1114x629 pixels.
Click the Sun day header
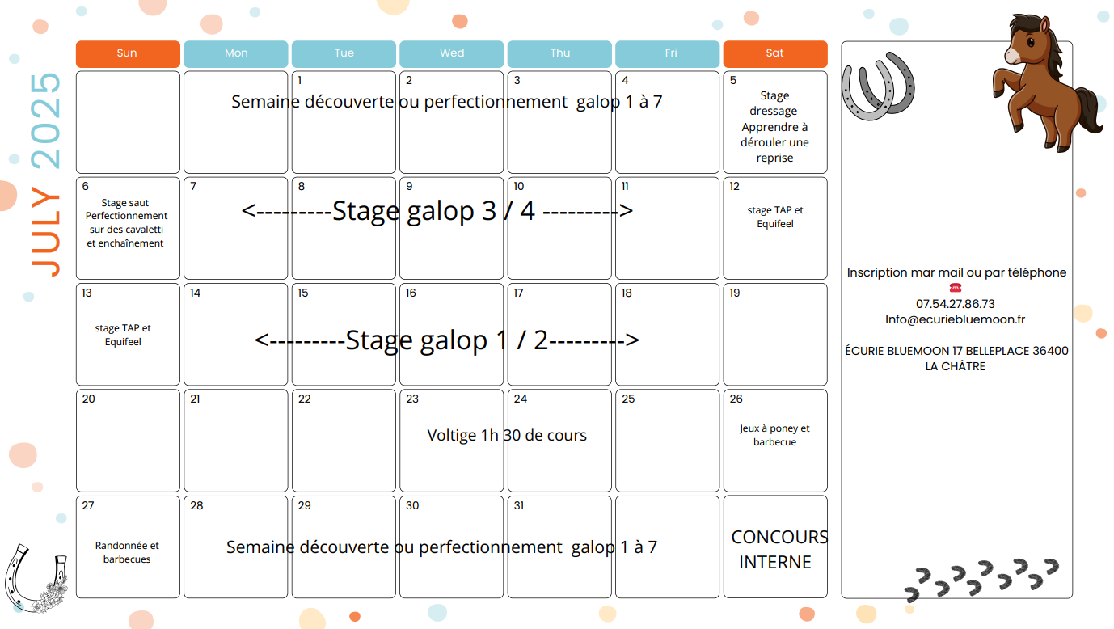click(128, 53)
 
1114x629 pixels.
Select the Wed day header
click(452, 53)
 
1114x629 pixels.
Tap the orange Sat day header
click(775, 53)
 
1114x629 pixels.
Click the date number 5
click(733, 81)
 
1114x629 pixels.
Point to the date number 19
click(735, 293)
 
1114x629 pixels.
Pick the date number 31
click(519, 505)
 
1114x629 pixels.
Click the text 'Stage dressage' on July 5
click(774, 103)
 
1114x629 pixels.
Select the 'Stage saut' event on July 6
click(125, 203)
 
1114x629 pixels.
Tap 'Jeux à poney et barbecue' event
click(774, 435)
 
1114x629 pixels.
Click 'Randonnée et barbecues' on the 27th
click(127, 552)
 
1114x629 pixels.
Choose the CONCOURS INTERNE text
click(779, 550)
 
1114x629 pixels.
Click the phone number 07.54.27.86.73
click(956, 304)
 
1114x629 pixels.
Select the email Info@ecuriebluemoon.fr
click(955, 319)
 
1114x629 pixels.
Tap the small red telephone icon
click(956, 288)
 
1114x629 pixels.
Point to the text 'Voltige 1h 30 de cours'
click(507, 435)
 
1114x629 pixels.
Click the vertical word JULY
click(46, 231)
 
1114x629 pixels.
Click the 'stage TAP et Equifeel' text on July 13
click(123, 335)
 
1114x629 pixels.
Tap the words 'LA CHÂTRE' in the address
click(955, 366)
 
